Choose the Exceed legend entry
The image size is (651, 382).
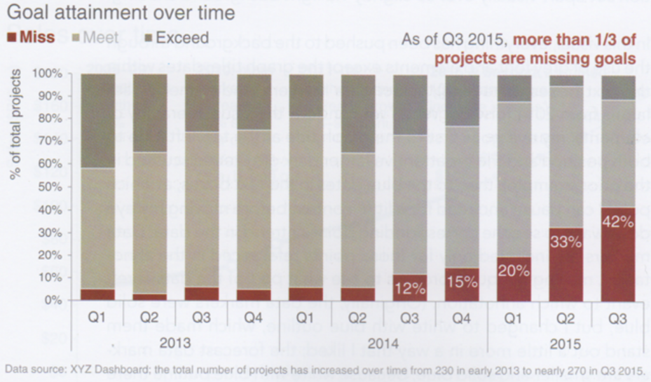(x=175, y=38)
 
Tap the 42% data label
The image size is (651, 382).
(x=618, y=222)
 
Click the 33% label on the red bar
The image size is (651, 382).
(x=566, y=242)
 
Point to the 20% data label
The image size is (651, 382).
(x=514, y=271)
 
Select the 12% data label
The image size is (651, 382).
(x=410, y=289)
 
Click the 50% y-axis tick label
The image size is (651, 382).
(x=51, y=187)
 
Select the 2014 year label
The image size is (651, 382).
(x=383, y=344)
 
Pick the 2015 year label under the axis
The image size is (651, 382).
(x=565, y=344)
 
